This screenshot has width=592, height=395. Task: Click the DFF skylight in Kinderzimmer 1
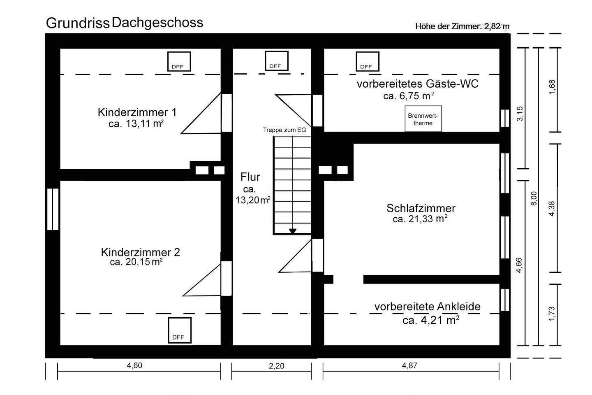(x=179, y=61)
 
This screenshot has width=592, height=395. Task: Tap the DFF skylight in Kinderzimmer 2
(x=180, y=330)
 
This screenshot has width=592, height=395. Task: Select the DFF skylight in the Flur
(x=276, y=61)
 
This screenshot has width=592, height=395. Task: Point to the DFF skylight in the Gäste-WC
(x=367, y=61)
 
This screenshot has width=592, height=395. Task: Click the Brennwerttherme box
(x=423, y=119)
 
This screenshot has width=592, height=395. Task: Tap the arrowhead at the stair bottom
(x=292, y=231)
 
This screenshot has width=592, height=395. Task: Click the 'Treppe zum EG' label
(x=284, y=130)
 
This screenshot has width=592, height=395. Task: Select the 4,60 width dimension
(x=135, y=365)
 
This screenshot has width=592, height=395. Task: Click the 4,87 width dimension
(x=409, y=365)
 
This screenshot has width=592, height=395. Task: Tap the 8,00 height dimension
(x=534, y=198)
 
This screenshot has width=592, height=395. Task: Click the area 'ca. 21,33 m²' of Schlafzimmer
(x=420, y=219)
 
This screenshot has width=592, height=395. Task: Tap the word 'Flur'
(x=250, y=177)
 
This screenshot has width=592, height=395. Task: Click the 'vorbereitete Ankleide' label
(x=427, y=307)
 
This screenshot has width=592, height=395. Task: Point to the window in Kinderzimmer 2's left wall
(x=53, y=209)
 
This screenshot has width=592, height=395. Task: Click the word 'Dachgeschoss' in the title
(x=157, y=22)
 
